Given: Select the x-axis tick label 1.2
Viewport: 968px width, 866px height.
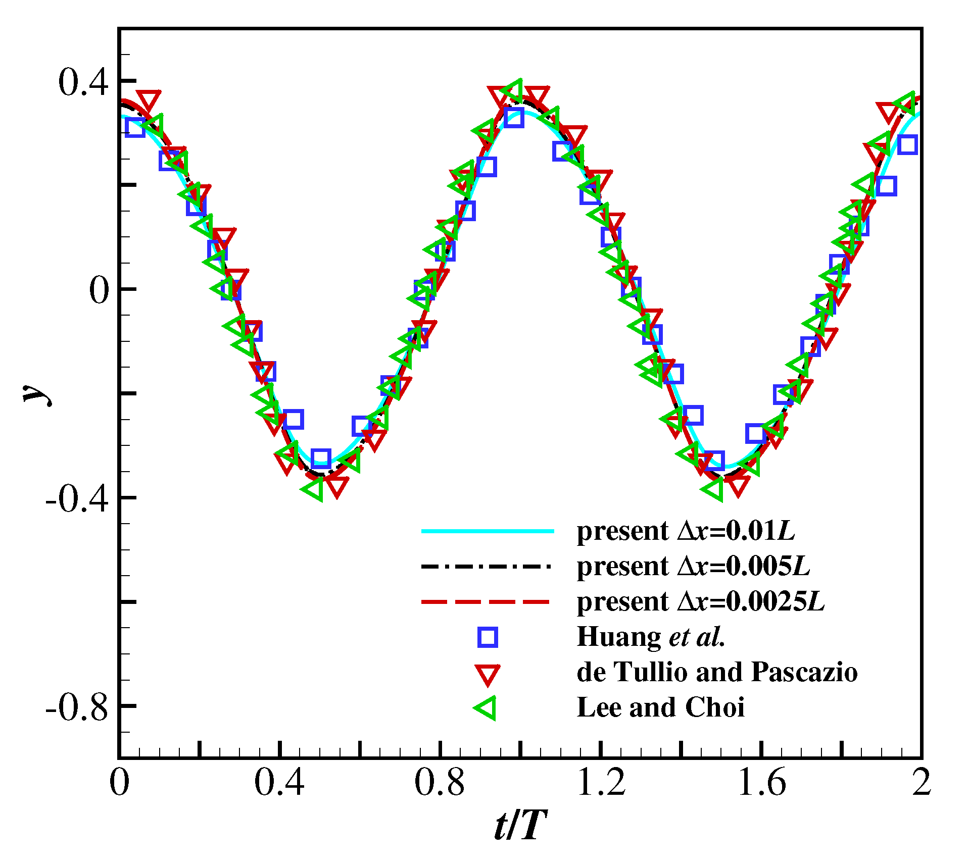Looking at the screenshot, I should (601, 783).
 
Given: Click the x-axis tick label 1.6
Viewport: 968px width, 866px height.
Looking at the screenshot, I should (761, 783).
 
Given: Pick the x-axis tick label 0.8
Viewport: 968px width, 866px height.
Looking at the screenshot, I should (440, 783).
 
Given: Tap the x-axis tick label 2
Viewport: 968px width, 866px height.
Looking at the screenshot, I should (921, 783).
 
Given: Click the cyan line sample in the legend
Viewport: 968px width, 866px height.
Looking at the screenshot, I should (488, 531).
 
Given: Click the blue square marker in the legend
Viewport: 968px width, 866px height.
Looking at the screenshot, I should (488, 637).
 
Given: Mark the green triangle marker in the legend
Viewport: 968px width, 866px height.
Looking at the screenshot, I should (487, 708).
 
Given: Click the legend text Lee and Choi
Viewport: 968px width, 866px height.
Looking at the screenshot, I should (660, 707).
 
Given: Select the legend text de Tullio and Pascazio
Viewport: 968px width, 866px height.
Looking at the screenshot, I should (717, 672).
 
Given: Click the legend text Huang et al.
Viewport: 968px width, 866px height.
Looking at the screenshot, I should (651, 637).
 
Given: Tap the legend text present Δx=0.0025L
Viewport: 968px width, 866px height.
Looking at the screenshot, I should (701, 602).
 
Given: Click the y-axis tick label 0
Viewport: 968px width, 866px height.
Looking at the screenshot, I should (99, 291).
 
